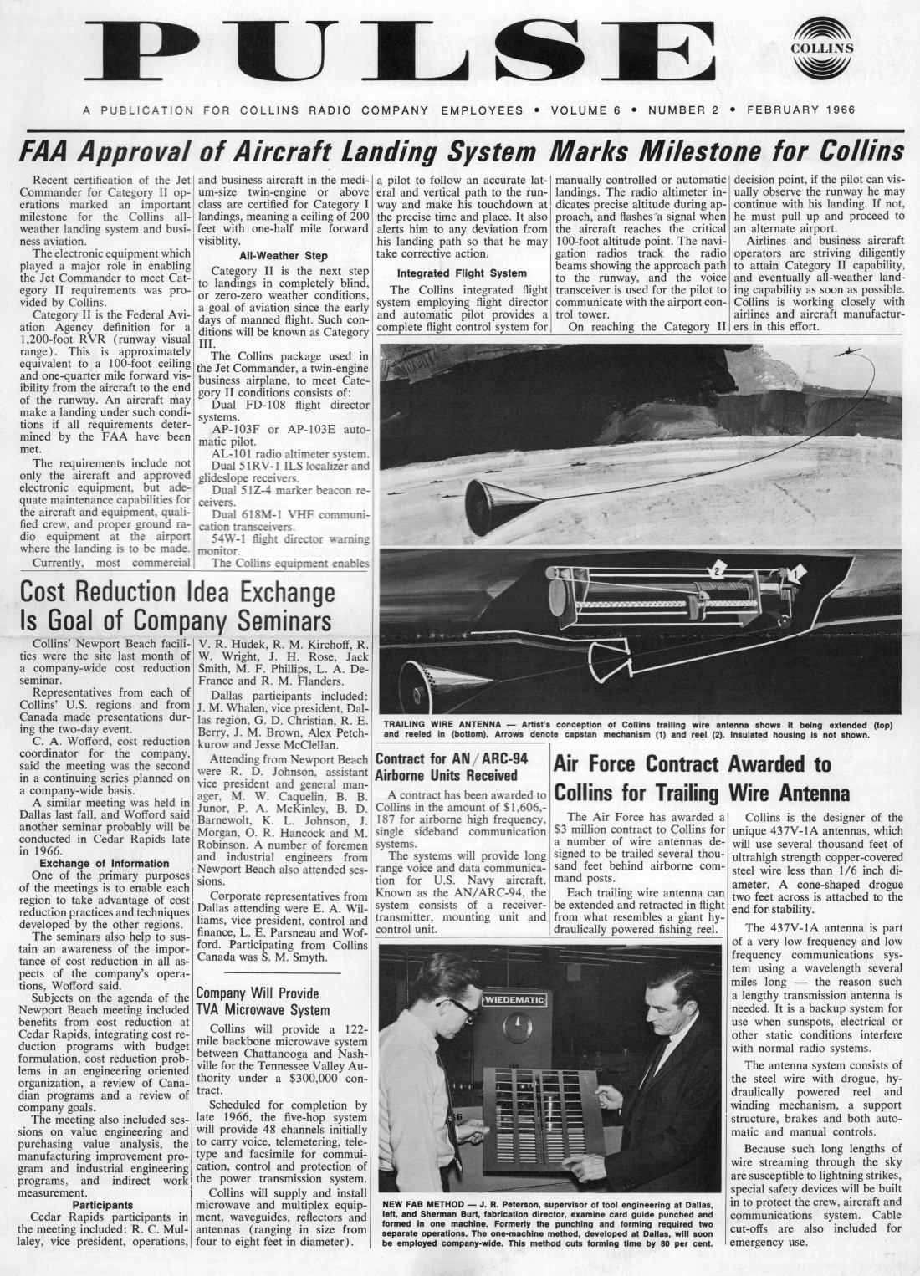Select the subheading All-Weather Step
[284, 256]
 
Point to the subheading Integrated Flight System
[462, 273]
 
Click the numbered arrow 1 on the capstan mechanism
[795, 573]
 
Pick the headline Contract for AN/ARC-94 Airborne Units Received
[460, 767]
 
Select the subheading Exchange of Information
[105, 863]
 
